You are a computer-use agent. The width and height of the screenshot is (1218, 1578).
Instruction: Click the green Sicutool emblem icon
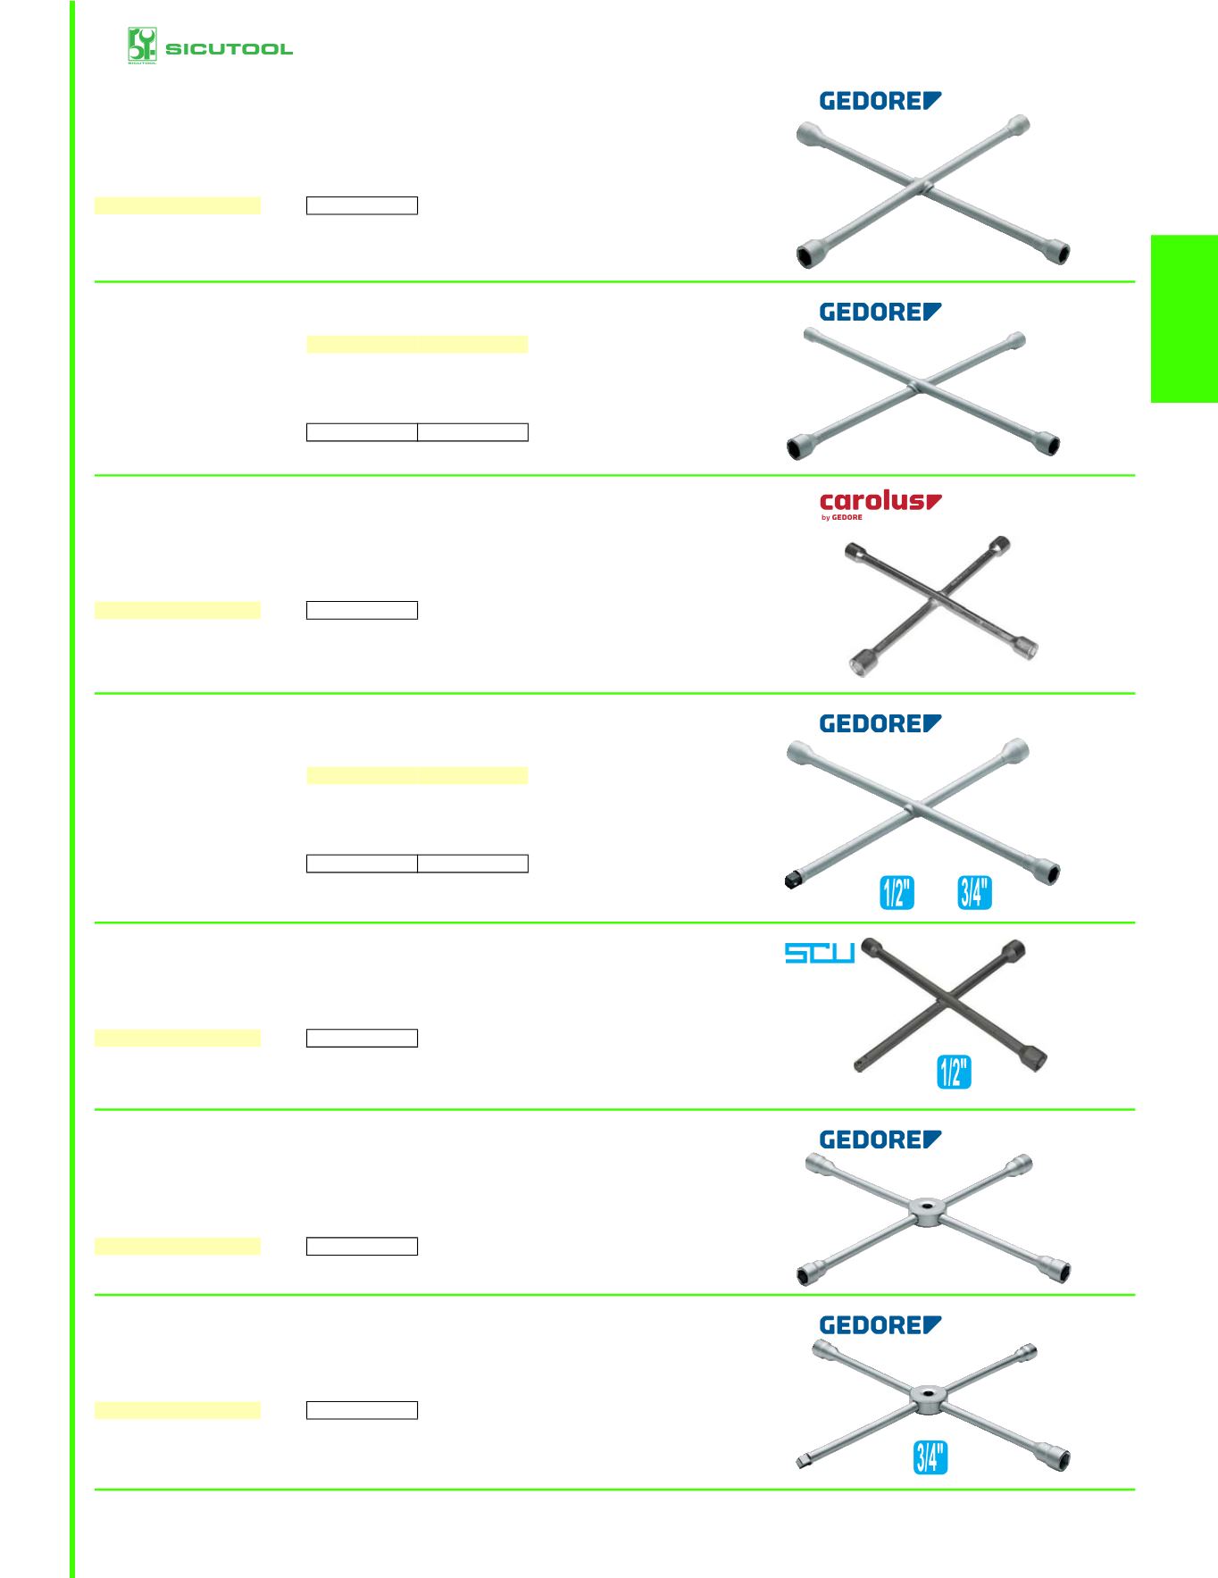click(142, 46)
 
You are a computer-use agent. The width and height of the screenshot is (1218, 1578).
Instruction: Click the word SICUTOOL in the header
click(229, 49)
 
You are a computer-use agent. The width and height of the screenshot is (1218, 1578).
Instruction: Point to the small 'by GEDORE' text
click(841, 517)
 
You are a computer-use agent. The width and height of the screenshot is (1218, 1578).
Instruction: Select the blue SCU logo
click(819, 953)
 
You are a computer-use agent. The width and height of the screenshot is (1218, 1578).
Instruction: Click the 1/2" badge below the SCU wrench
click(954, 1072)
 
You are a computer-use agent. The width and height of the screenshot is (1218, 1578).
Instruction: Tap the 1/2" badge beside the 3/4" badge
click(897, 892)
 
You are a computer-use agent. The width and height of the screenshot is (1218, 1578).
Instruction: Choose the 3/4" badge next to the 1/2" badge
click(974, 892)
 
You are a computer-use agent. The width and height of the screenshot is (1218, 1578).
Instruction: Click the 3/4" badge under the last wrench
click(930, 1457)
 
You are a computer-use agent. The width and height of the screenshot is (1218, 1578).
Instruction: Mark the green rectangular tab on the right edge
click(1184, 319)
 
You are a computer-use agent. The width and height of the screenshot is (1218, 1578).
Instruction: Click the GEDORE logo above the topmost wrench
click(880, 101)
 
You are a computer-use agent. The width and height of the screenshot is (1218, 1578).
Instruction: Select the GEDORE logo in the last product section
click(880, 1325)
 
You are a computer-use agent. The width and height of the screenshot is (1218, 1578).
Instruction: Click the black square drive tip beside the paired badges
click(791, 882)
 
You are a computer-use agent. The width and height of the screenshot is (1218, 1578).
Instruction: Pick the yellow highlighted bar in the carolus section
click(177, 610)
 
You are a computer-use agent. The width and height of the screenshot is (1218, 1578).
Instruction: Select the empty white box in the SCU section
click(362, 1038)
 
